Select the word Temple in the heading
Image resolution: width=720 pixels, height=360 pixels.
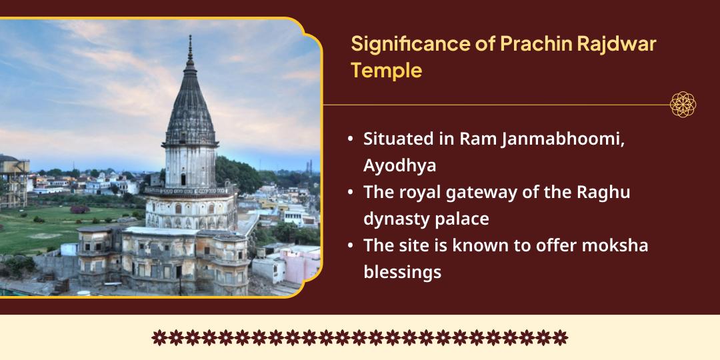[x=386, y=71]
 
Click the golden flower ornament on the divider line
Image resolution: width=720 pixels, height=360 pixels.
[x=683, y=105]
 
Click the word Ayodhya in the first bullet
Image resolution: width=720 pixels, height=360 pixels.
[x=399, y=166]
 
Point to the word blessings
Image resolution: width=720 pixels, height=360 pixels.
[x=402, y=273]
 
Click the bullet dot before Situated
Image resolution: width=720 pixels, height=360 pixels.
[x=351, y=139]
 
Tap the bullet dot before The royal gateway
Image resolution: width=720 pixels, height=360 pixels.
[x=351, y=193]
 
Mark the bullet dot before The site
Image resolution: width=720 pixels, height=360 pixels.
[x=351, y=245]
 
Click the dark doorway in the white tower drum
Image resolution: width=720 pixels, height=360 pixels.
[x=184, y=179]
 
